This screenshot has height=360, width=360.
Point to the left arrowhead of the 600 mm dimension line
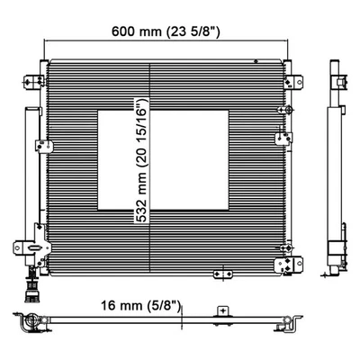click(47, 40)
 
